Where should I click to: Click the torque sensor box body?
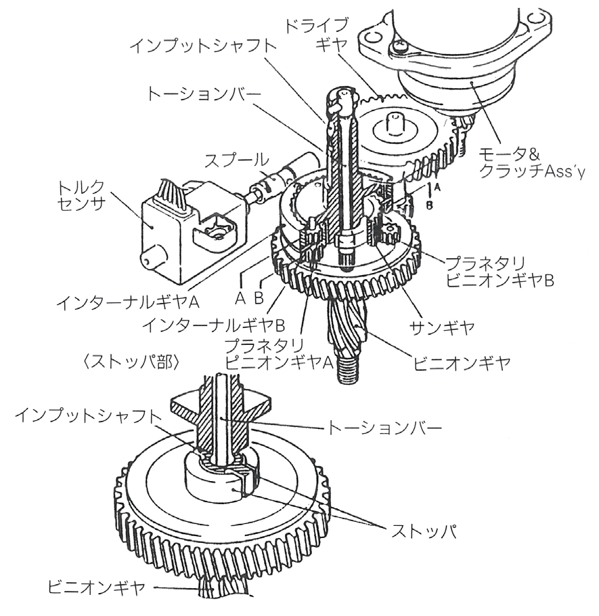[166, 237]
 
